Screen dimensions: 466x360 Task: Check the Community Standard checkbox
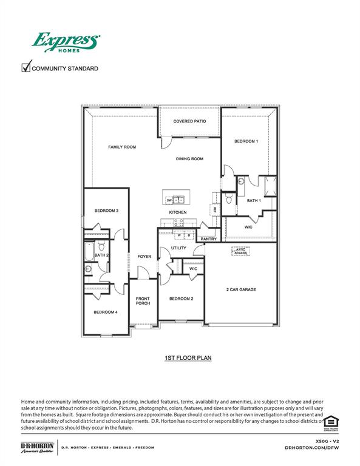pos(25,67)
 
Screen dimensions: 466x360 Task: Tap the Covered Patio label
pos(189,121)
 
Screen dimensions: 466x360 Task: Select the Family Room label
pos(121,147)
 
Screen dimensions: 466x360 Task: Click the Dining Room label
pos(189,159)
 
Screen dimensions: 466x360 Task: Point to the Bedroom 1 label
pos(246,141)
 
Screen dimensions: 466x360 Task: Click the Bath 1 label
pos(254,200)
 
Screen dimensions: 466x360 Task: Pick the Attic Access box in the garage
pos(242,250)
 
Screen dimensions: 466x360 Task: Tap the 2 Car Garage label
pos(241,289)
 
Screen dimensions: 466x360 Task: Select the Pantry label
pos(209,238)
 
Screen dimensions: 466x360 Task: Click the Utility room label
pos(178,248)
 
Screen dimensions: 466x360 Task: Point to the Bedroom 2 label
pos(181,299)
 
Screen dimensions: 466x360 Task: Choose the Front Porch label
pos(143,301)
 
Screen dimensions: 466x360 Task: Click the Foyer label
pos(144,257)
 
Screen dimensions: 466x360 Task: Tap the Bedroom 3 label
pos(106,211)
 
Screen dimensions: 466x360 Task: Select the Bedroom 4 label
pos(105,312)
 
